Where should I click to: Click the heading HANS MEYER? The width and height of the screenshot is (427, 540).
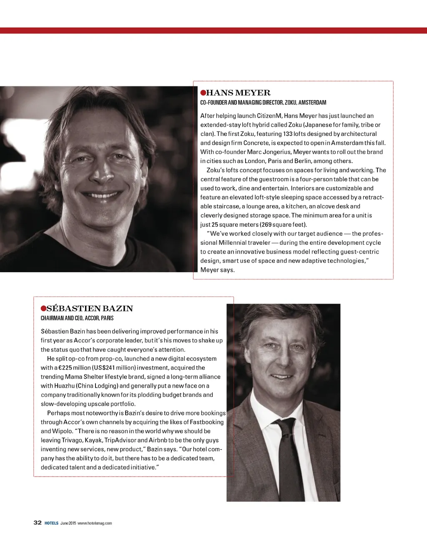click(x=238, y=93)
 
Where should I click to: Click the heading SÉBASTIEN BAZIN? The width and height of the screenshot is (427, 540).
click(x=90, y=309)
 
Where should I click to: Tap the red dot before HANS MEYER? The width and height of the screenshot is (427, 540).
click(x=203, y=93)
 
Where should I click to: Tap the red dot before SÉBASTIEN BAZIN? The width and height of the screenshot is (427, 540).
click(x=43, y=309)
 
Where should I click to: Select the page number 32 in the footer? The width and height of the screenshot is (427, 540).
click(x=38, y=522)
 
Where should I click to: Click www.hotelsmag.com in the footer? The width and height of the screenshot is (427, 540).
click(x=95, y=523)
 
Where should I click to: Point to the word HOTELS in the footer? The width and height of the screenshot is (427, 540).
click(x=52, y=523)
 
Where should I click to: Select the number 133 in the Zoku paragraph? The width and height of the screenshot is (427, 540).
click(x=288, y=134)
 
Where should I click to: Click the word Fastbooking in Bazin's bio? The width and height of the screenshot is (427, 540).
click(x=206, y=422)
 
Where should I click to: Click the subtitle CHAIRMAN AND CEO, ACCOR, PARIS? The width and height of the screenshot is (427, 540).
click(x=77, y=318)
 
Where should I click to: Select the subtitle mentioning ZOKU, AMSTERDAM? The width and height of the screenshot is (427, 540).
click(x=263, y=103)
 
